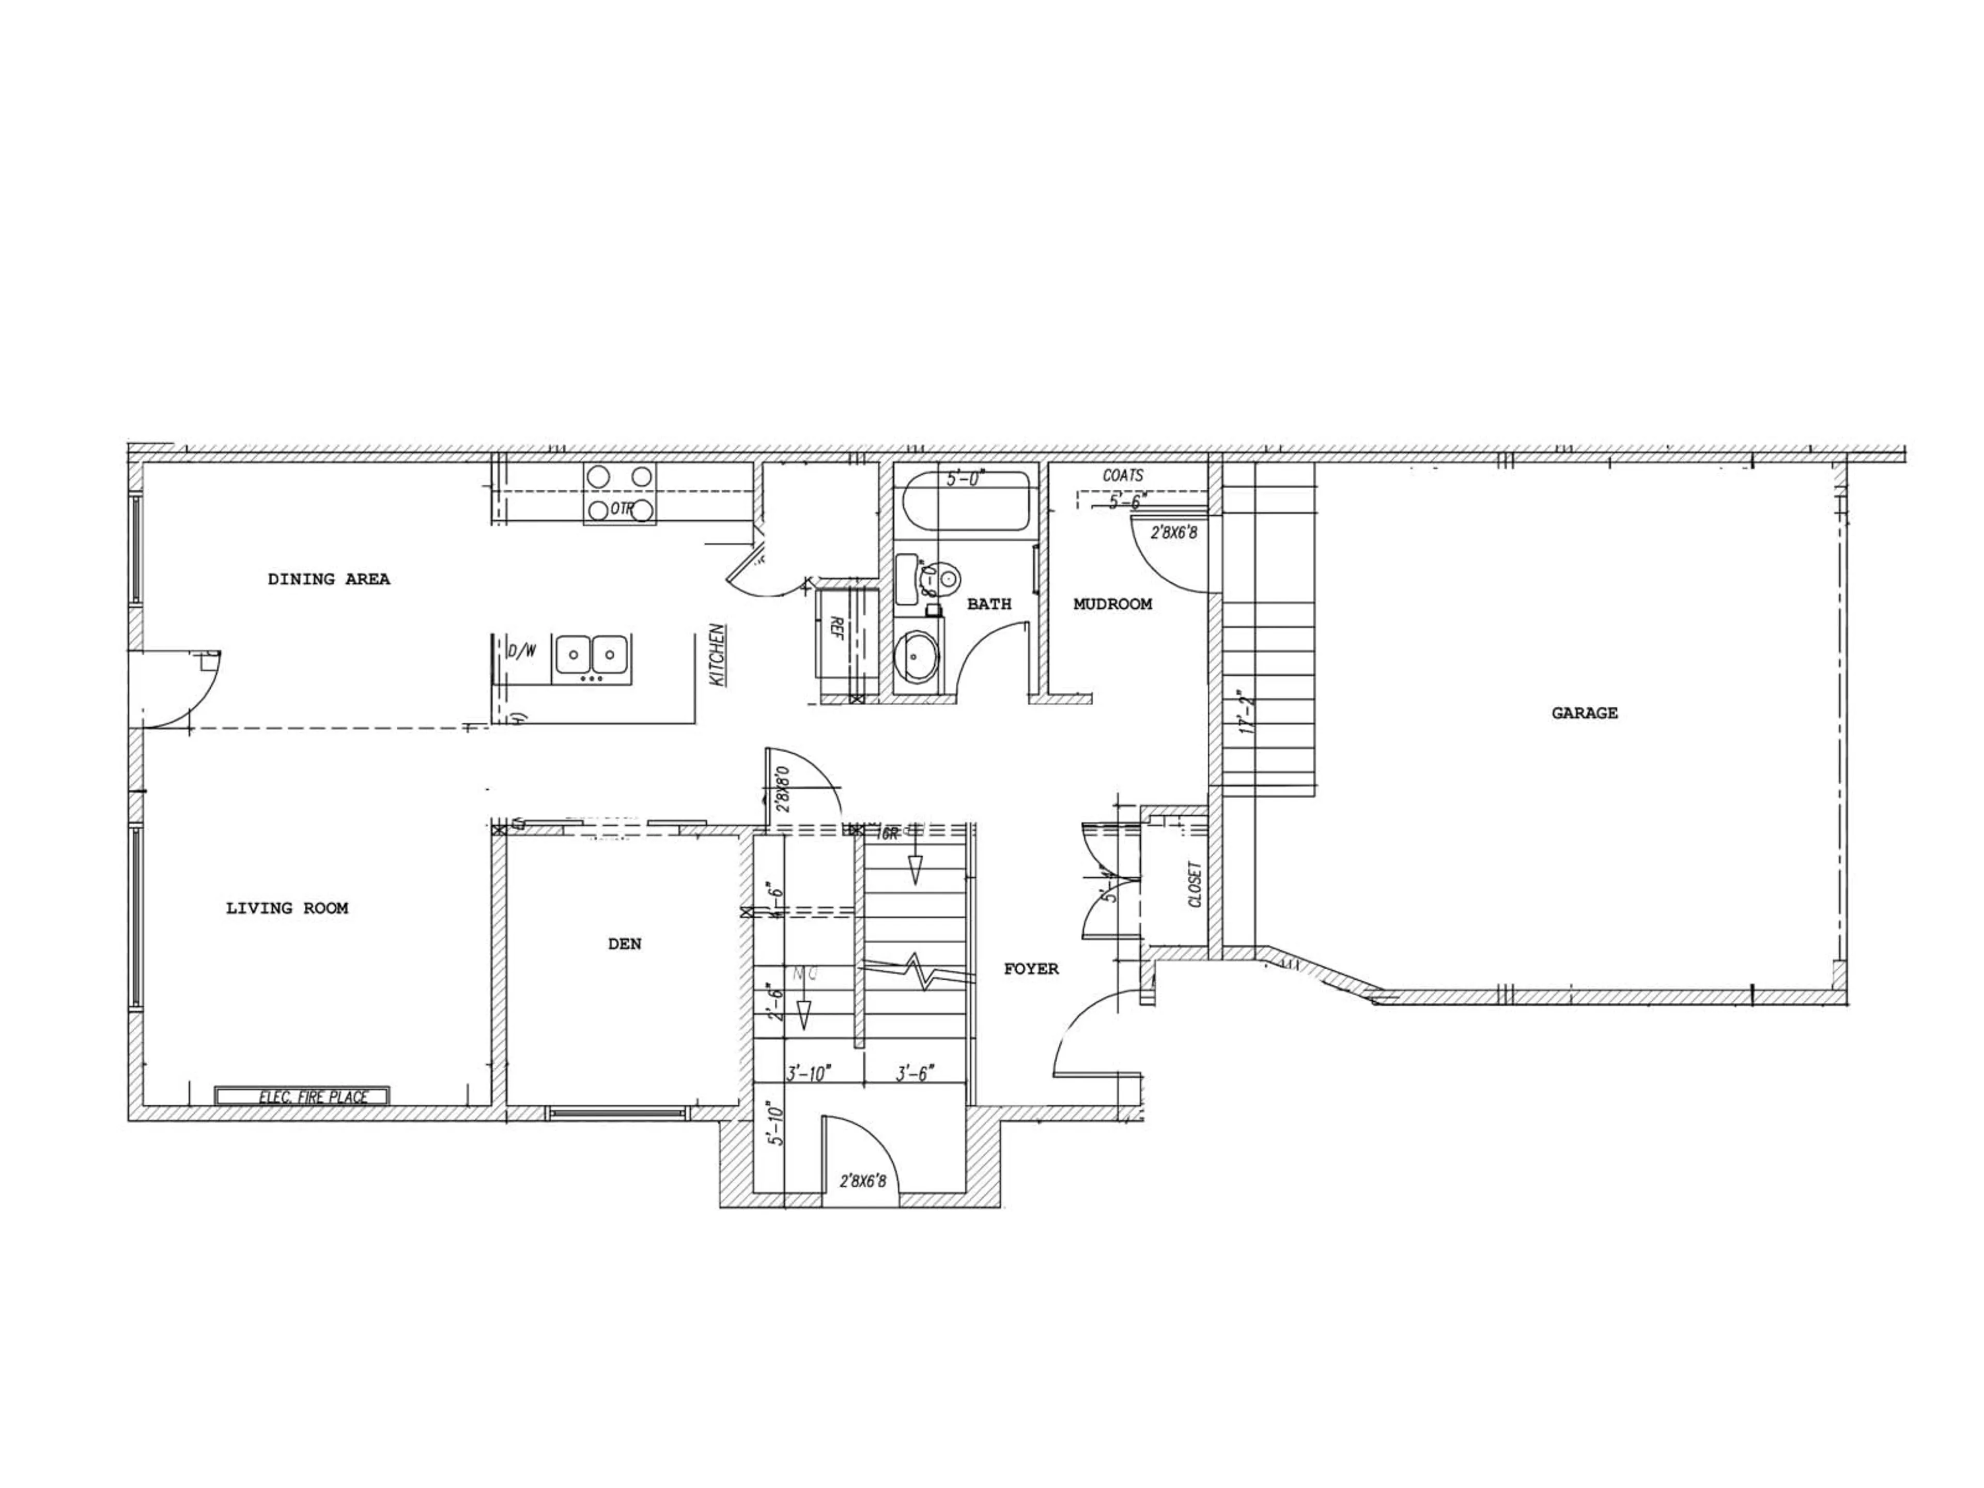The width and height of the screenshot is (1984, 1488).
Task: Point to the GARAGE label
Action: pyautogui.click(x=1584, y=713)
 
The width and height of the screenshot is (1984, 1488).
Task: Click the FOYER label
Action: pyautogui.click(x=1031, y=969)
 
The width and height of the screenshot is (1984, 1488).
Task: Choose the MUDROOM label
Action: pyautogui.click(x=1112, y=605)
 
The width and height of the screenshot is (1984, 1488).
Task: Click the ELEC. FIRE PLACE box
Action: pyautogui.click(x=302, y=1096)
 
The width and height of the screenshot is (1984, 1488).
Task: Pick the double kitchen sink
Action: pyautogui.click(x=590, y=655)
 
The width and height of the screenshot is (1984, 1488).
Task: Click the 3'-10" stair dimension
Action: pyautogui.click(x=809, y=1073)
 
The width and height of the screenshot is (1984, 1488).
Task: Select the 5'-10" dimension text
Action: pyautogui.click(x=777, y=1125)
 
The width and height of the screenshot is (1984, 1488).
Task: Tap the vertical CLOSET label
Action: pyautogui.click(x=1195, y=885)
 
